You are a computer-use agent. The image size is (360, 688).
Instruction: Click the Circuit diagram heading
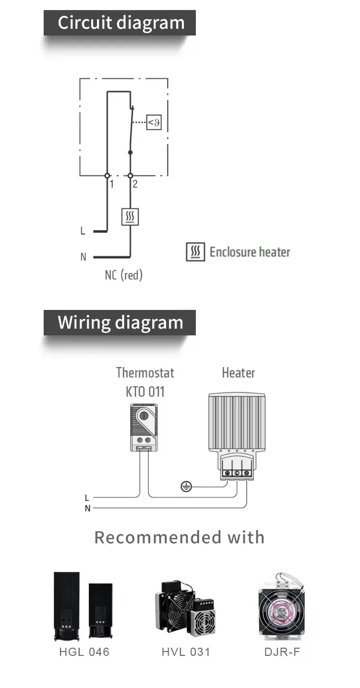pyautogui.click(x=120, y=23)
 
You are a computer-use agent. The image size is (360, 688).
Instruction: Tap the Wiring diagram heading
pyautogui.click(x=120, y=322)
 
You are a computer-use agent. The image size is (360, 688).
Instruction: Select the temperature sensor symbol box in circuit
pyautogui.click(x=154, y=123)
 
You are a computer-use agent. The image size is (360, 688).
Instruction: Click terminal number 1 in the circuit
pyautogui.click(x=111, y=184)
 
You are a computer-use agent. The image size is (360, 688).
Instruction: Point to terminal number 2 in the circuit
pyautogui.click(x=135, y=184)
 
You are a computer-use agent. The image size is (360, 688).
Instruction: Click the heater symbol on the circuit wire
pyautogui.click(x=130, y=217)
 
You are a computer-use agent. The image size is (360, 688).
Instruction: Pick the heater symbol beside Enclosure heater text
pyautogui.click(x=195, y=252)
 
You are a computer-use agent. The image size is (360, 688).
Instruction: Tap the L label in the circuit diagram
pyautogui.click(x=83, y=231)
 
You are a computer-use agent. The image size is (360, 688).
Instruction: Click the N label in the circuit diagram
pyautogui.click(x=83, y=257)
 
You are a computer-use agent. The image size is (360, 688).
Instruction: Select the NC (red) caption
pyautogui.click(x=124, y=275)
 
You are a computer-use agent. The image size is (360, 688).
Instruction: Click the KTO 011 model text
pyautogui.click(x=145, y=391)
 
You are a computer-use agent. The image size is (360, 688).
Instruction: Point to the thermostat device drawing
pyautogui.click(x=144, y=427)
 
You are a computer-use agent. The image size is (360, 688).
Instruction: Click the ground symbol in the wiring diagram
pyautogui.click(x=186, y=487)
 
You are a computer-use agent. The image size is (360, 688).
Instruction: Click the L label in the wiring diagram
pyautogui.click(x=87, y=498)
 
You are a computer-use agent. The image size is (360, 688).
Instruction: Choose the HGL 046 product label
pyautogui.click(x=84, y=652)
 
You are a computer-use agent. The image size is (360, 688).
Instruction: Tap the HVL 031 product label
pyautogui.click(x=186, y=652)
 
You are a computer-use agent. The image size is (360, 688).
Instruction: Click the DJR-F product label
pyautogui.click(x=282, y=652)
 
